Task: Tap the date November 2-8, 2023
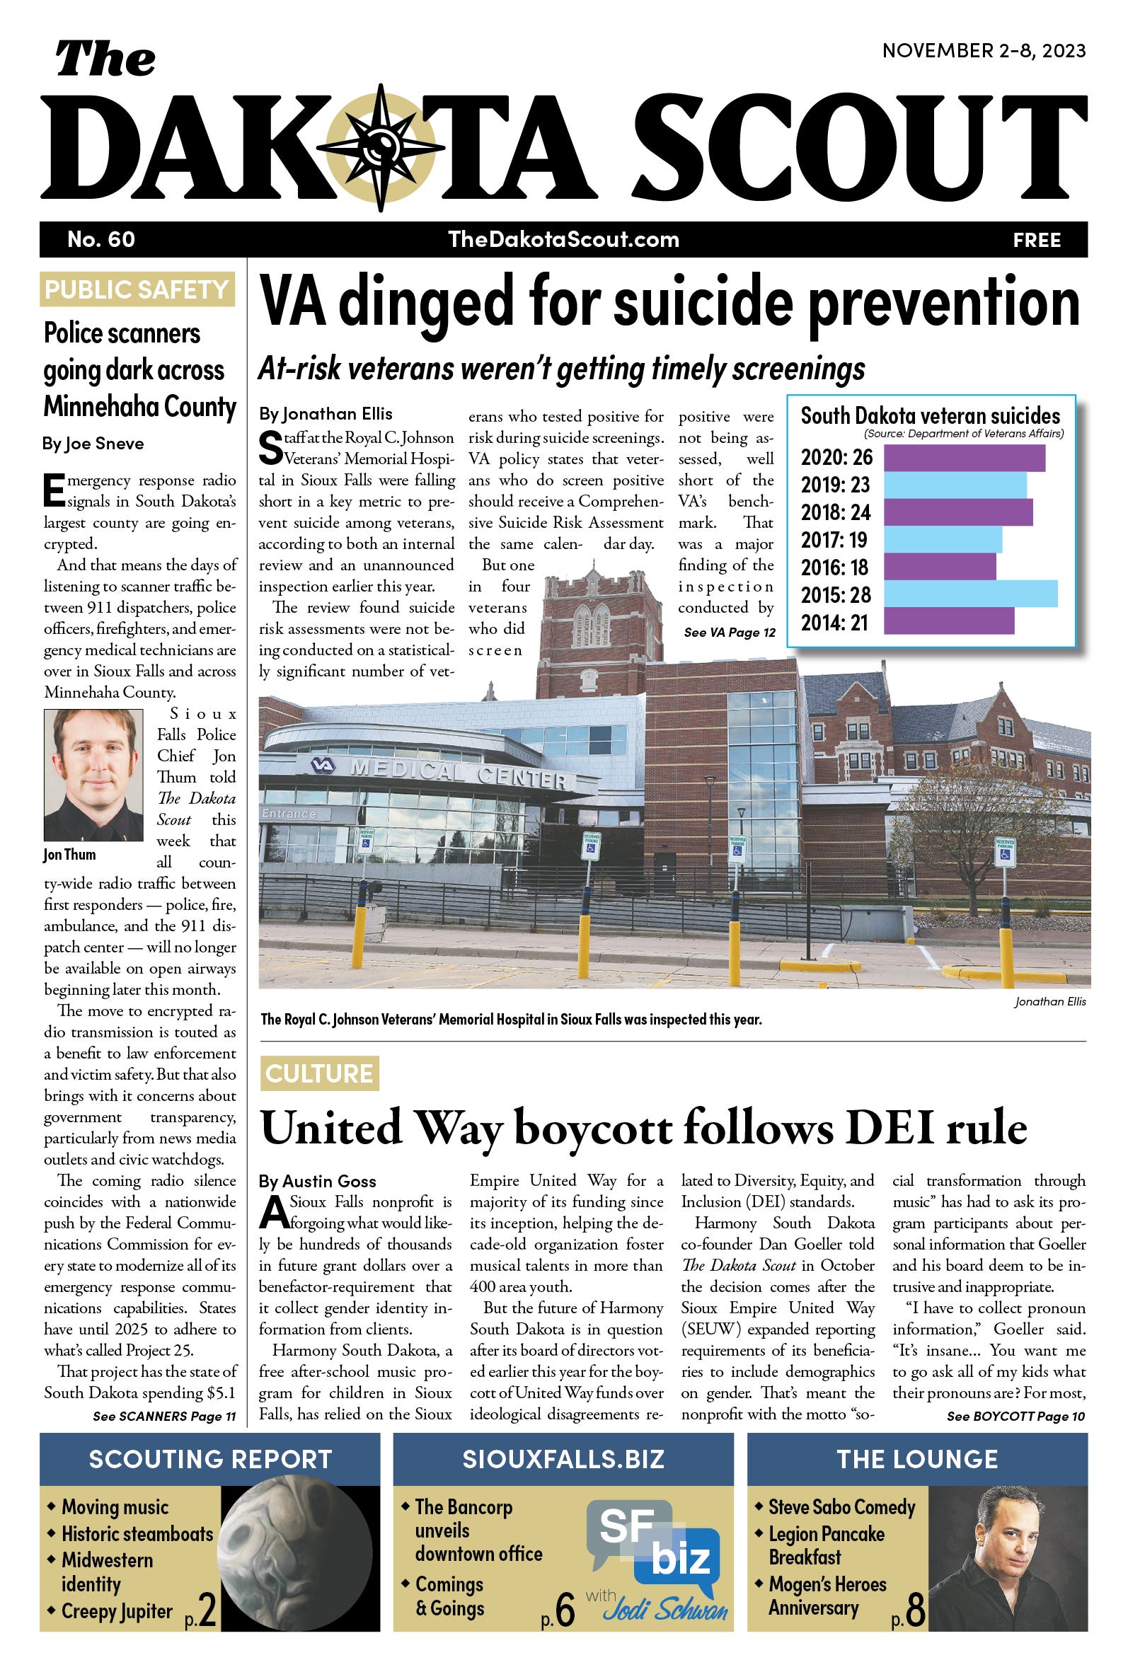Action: [984, 51]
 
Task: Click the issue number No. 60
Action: [100, 239]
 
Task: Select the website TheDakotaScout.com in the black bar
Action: [563, 239]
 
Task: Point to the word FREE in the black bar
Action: [1037, 240]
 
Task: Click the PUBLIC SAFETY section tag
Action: [137, 289]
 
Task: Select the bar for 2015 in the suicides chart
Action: [969, 594]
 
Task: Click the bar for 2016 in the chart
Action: [939, 567]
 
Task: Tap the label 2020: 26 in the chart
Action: [836, 457]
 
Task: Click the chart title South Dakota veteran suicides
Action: [930, 415]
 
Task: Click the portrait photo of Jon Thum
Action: [93, 775]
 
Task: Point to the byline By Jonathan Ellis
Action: [326, 413]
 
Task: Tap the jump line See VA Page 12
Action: [730, 632]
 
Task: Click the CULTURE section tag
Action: [318, 1073]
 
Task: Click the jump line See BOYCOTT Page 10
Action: [1015, 1416]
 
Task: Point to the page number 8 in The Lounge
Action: [916, 1610]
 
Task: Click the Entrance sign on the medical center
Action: [289, 813]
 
